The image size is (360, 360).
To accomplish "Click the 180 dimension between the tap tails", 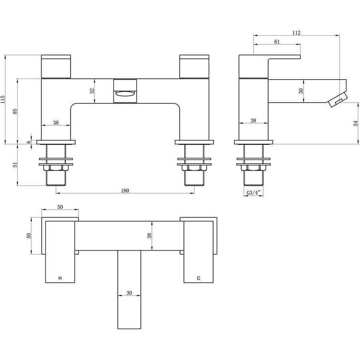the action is (x=125, y=190).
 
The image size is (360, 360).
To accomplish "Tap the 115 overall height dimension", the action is (x=2, y=100).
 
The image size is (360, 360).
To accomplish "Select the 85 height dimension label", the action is (x=15, y=111).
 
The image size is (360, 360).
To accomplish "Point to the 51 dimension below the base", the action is (x=15, y=165).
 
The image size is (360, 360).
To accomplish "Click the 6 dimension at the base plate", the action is (x=29, y=142).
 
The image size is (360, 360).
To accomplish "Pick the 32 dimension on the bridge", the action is (x=92, y=91).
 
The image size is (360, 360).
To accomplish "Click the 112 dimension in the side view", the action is (x=296, y=33).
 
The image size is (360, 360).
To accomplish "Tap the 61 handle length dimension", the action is (x=277, y=42).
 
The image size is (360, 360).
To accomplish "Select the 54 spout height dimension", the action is (x=356, y=123).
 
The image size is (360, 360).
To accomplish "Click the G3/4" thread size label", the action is (x=254, y=193).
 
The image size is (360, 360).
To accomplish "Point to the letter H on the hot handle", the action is (x=60, y=278).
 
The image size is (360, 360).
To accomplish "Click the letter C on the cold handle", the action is (x=198, y=278).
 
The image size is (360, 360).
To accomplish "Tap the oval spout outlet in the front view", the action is (x=125, y=94).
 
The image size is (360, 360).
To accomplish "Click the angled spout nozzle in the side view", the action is (x=337, y=100).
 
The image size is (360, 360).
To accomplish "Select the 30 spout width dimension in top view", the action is (x=129, y=293).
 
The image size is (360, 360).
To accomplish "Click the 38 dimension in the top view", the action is (x=150, y=236).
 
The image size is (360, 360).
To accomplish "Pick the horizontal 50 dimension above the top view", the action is (x=60, y=207).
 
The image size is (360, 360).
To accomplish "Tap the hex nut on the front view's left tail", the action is (x=56, y=168).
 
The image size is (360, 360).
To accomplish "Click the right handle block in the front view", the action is (x=194, y=66).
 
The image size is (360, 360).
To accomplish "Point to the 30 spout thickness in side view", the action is (x=301, y=91).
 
